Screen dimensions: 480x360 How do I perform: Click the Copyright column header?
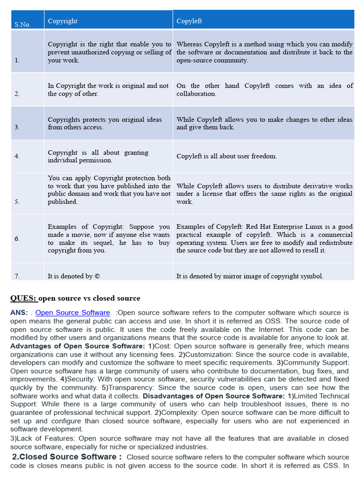tap(62, 21)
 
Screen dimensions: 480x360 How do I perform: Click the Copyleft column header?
tap(189, 21)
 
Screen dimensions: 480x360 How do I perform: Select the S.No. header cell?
tap(22, 24)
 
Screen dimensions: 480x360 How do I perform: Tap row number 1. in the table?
tap(17, 60)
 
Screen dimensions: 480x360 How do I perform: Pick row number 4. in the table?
tap(17, 156)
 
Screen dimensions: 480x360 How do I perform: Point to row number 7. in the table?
tap(17, 276)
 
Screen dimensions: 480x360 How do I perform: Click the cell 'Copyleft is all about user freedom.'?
tap(226, 156)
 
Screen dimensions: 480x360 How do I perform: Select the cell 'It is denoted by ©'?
tap(74, 276)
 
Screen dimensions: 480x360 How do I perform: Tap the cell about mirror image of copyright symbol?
tap(249, 276)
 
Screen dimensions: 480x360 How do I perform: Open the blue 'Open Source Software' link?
tap(73, 313)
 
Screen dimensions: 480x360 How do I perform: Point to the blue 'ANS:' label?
tap(19, 313)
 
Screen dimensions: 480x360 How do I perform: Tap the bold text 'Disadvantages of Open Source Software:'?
tap(213, 396)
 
